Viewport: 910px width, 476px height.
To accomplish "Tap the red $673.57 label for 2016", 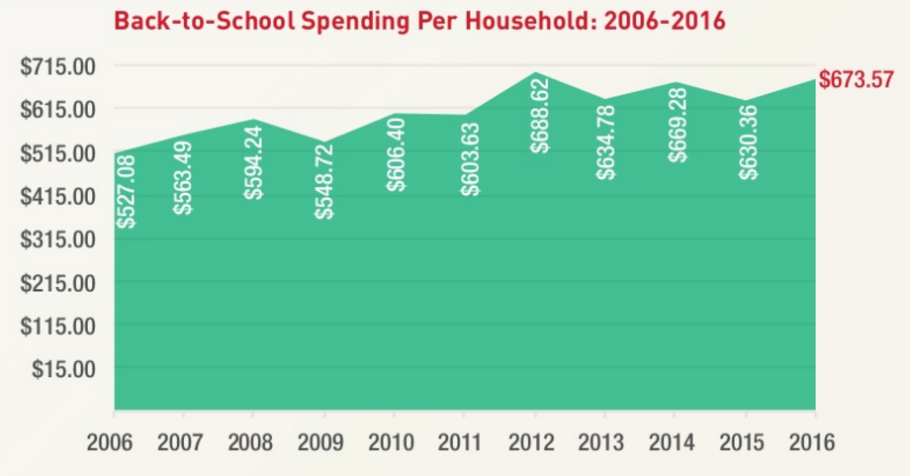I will pyautogui.click(x=857, y=80).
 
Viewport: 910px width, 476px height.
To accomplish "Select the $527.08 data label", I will pyautogui.click(x=126, y=192).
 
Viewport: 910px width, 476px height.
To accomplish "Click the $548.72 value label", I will pyautogui.click(x=324, y=180).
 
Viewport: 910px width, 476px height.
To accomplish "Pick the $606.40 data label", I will pyautogui.click(x=397, y=153).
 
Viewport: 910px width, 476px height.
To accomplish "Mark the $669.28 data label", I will pyautogui.click(x=678, y=124).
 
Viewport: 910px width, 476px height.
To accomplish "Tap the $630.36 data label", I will pyautogui.click(x=749, y=142).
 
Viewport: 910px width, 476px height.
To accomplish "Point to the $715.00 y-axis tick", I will pyautogui.click(x=57, y=66).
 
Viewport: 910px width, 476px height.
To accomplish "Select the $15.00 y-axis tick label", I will pyautogui.click(x=64, y=369).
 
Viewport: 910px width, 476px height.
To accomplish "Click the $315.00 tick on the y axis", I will pyautogui.click(x=57, y=239).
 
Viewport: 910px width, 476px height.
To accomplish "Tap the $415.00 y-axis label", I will pyautogui.click(x=57, y=196).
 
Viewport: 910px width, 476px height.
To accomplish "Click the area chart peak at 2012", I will pyautogui.click(x=534, y=74).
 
